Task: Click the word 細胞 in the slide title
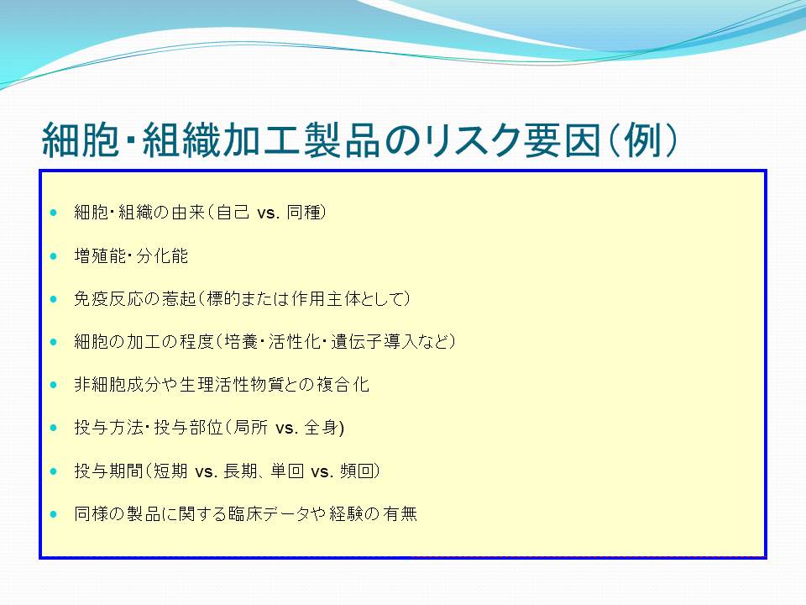tap(81, 139)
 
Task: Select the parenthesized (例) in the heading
tap(642, 139)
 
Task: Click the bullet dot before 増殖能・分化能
tap(54, 255)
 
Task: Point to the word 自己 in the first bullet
tap(233, 213)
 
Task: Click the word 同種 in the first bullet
tap(303, 213)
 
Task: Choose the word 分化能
tap(162, 255)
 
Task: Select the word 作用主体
tap(327, 299)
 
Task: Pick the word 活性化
tap(295, 342)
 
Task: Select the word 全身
tap(322, 428)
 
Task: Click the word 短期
tap(170, 471)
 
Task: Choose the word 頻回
tap(356, 471)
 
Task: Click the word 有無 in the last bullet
tap(400, 513)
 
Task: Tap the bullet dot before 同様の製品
tap(54, 513)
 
